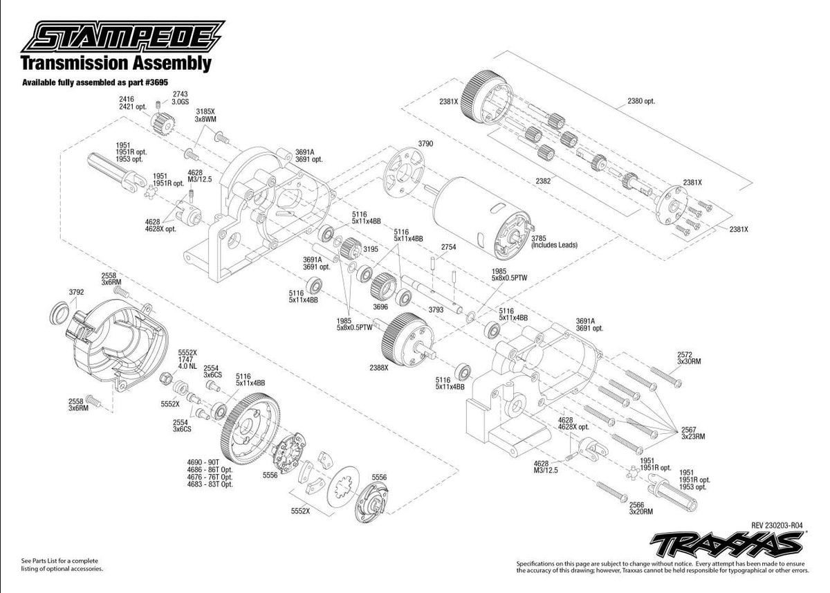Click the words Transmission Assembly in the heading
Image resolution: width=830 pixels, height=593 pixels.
116,64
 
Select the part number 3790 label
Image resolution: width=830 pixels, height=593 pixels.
425,143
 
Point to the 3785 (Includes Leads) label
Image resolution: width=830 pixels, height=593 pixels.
553,241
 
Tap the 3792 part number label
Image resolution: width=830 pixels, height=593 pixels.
76,292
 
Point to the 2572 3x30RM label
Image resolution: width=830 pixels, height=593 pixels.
690,357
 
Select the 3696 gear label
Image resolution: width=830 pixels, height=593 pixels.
380,306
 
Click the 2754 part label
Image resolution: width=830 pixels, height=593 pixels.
449,246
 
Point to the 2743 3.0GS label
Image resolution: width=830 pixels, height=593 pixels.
180,98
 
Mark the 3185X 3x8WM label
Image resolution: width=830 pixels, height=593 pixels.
205,115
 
